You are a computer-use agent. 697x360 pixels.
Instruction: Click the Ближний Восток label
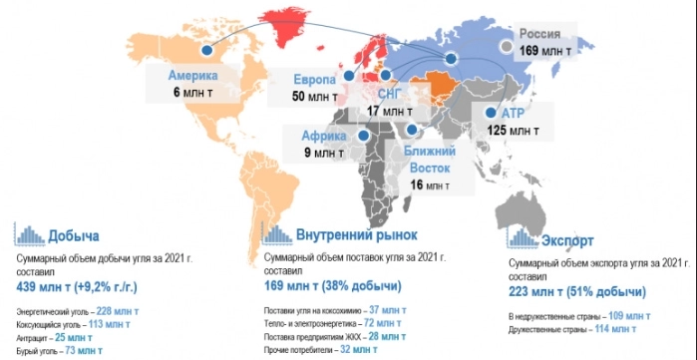pos(430,159)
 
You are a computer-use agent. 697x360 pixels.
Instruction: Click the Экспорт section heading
pos(569,240)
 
